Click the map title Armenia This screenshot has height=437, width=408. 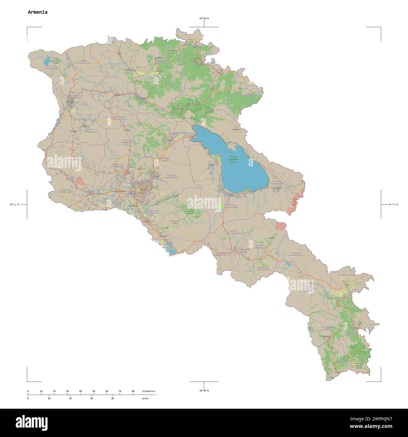37,12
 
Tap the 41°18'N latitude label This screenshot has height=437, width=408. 204,19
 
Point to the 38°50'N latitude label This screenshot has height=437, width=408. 204,390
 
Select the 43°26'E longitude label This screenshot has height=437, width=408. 14,205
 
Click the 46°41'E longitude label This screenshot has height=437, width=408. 393,205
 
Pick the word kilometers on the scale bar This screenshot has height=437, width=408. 148,391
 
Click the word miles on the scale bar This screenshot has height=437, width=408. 145,398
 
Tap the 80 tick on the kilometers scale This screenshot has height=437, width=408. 133,391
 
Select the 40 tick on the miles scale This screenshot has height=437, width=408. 112,398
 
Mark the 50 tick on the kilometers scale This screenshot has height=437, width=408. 93,391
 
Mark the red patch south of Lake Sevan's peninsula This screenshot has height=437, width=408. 280,226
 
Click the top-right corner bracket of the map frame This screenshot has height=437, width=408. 380,28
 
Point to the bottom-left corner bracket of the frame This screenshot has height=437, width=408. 28,381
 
